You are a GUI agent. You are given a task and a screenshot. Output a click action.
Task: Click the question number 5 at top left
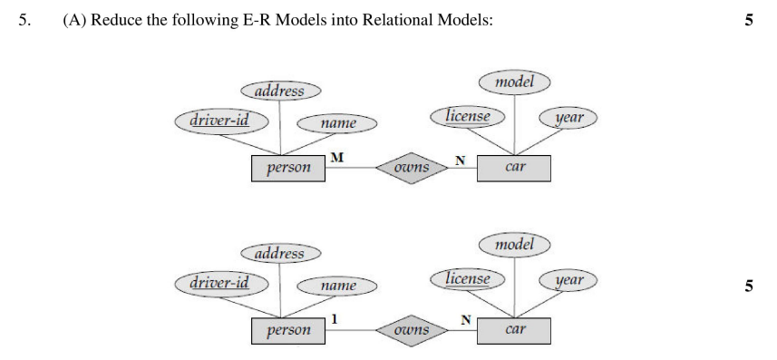(x=24, y=20)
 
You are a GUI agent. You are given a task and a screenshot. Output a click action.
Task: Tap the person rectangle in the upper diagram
(x=288, y=168)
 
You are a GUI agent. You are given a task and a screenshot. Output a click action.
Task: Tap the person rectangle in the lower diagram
(x=288, y=331)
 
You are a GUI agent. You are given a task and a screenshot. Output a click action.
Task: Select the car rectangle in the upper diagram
(x=514, y=168)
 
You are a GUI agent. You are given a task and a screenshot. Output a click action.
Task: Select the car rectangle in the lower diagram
(x=514, y=330)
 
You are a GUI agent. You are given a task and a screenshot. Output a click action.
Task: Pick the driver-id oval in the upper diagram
(x=218, y=120)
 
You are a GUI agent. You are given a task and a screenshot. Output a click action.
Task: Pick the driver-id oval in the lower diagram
(x=218, y=283)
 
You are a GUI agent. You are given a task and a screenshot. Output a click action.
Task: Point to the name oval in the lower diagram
(x=338, y=286)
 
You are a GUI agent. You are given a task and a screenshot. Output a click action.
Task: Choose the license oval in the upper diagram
(x=468, y=116)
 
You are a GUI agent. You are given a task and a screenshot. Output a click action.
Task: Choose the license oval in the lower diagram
(x=468, y=278)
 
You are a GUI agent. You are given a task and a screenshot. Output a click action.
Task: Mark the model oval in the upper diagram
(x=514, y=82)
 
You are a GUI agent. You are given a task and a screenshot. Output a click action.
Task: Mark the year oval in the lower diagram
(x=568, y=280)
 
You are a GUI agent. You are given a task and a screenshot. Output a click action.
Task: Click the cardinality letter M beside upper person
(x=336, y=158)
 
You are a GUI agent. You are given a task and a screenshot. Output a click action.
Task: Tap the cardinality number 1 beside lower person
(x=335, y=319)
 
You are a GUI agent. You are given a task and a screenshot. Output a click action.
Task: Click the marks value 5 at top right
(x=748, y=20)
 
